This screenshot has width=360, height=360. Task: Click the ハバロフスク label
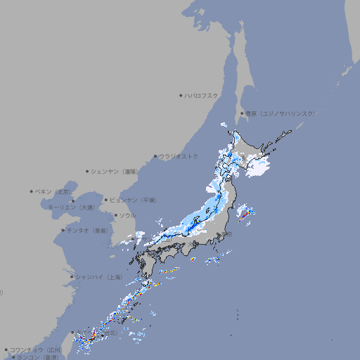coord(202,95)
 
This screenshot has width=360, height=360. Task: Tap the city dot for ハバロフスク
coord(181,95)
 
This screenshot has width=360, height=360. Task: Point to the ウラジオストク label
coord(179,156)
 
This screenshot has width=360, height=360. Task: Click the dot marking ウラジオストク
coord(155,157)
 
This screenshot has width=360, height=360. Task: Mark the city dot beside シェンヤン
coord(88,171)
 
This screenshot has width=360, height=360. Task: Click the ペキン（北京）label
coord(54,191)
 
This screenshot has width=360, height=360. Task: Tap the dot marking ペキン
coord(32,191)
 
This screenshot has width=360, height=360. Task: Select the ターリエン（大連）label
coord(71,207)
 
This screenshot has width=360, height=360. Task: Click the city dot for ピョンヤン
coord(107,200)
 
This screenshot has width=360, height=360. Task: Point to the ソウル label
coord(127,215)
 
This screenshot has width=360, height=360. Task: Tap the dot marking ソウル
coord(115,215)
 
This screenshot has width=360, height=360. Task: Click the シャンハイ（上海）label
coord(98,277)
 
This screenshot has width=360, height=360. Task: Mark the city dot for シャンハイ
coord(71,277)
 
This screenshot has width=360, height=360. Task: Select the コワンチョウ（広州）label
coord(36,349)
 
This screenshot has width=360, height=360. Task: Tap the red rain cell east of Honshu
coord(243,216)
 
